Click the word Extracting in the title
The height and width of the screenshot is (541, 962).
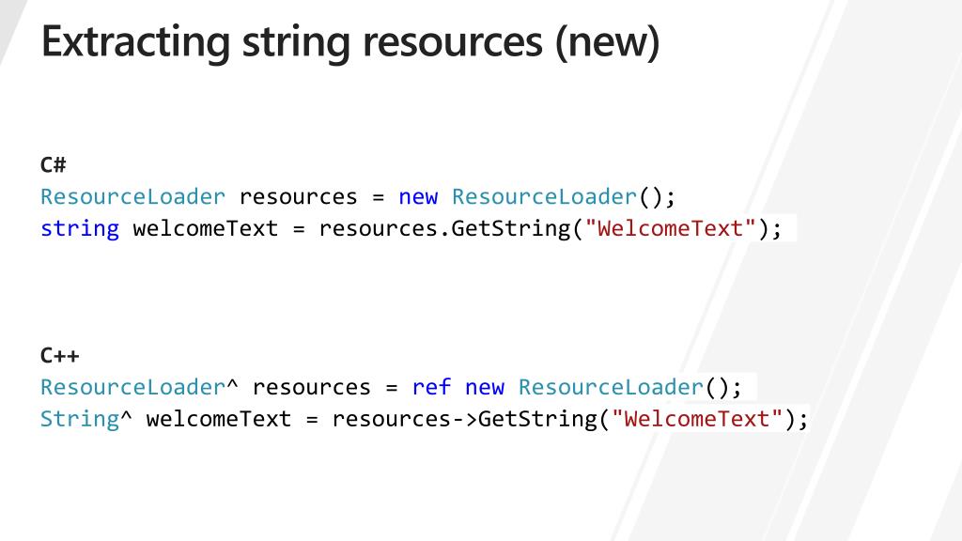tap(135, 42)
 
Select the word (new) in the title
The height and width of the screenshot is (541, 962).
tap(607, 42)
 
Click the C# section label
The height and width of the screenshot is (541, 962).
tap(53, 165)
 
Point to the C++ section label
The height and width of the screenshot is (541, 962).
tap(59, 356)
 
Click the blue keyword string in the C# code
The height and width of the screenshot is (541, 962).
tap(80, 228)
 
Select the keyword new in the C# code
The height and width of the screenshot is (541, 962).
tap(418, 197)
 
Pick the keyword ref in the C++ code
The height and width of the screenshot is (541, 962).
tap(431, 387)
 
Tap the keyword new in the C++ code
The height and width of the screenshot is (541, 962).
tap(485, 387)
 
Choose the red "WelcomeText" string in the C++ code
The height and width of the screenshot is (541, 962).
tap(697, 418)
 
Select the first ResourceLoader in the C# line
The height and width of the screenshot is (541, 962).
tap(132, 197)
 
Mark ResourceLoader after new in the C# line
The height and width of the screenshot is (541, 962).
tap(544, 197)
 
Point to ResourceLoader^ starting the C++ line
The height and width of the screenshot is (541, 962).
tap(139, 387)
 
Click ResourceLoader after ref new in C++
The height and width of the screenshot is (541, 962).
tap(611, 387)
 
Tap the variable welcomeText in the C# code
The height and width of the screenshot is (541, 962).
tap(206, 228)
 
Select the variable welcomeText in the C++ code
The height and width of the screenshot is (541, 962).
tap(219, 418)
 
